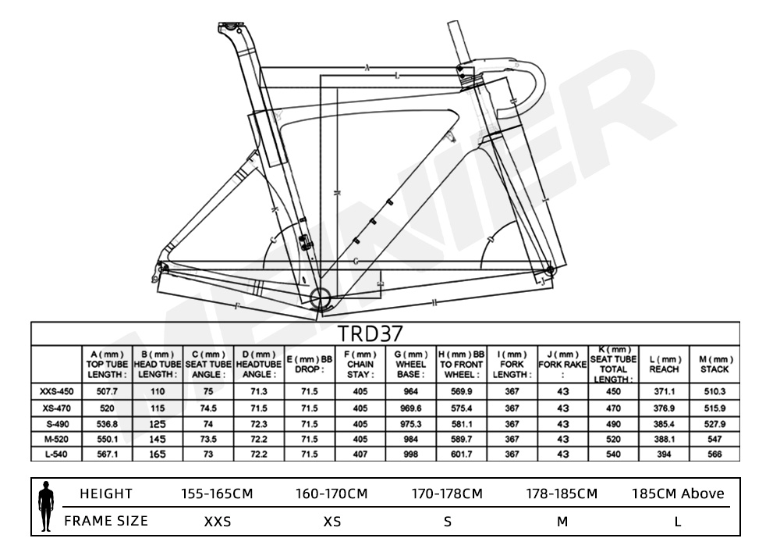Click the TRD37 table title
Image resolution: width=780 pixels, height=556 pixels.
[x=370, y=333]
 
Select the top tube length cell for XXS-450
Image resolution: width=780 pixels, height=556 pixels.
[x=107, y=391]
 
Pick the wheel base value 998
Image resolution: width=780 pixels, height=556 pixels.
[x=411, y=454]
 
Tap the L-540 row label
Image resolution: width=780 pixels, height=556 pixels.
[x=56, y=454]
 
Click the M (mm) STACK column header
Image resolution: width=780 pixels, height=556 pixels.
[x=714, y=364]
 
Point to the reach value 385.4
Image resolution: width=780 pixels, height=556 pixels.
[x=664, y=425]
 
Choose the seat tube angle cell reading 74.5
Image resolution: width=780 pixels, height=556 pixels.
[x=208, y=408]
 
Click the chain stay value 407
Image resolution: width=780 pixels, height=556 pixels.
[x=360, y=454]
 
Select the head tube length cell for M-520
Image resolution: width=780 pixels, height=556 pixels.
[x=158, y=440]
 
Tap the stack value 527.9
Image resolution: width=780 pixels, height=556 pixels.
[x=714, y=425]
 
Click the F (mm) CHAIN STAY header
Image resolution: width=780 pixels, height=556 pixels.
[x=360, y=364]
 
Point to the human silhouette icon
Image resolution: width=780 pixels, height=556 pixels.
[x=46, y=506]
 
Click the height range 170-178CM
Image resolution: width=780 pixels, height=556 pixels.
[x=447, y=494]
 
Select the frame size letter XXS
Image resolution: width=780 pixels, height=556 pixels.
[x=218, y=522]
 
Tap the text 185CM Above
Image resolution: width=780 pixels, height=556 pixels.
[x=678, y=494]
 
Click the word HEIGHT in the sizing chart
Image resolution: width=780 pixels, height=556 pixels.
[x=106, y=494]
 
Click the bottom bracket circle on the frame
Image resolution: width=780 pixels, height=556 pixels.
[x=321, y=298]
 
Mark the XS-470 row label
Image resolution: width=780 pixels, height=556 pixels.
[x=56, y=408]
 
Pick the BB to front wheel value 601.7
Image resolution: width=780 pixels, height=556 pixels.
[x=461, y=454]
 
